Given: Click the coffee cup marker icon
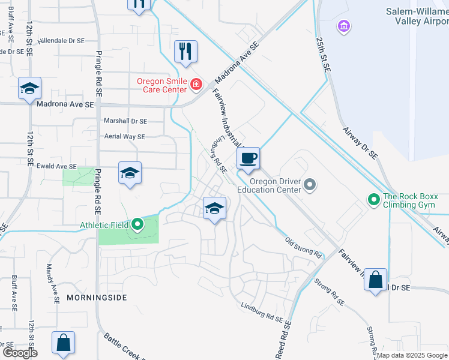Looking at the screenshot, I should (247, 158).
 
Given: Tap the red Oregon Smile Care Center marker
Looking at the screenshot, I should (196, 85).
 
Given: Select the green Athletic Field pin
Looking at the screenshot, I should (137, 225).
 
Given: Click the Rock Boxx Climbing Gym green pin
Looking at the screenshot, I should (373, 199).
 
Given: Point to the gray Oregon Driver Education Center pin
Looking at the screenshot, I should (310, 184).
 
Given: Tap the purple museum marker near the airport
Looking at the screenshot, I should (344, 26).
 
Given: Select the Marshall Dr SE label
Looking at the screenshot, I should (125, 121).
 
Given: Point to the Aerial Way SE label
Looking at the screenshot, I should (124, 137).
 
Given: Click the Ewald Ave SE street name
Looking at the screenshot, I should (56, 166).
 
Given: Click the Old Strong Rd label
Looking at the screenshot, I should (304, 248).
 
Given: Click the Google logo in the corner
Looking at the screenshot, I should (20, 353).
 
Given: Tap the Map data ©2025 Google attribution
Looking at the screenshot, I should (411, 355).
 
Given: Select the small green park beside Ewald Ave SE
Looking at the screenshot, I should (78, 176).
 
